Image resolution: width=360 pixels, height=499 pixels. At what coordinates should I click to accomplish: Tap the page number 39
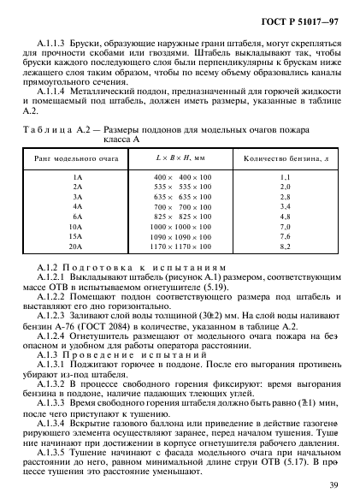(x=333, y=487)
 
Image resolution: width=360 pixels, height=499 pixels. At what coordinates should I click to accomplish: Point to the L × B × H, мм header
(x=182, y=159)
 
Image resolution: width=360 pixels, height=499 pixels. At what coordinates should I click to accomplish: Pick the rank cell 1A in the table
(x=78, y=175)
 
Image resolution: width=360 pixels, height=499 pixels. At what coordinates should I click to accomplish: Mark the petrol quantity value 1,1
(x=286, y=175)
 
